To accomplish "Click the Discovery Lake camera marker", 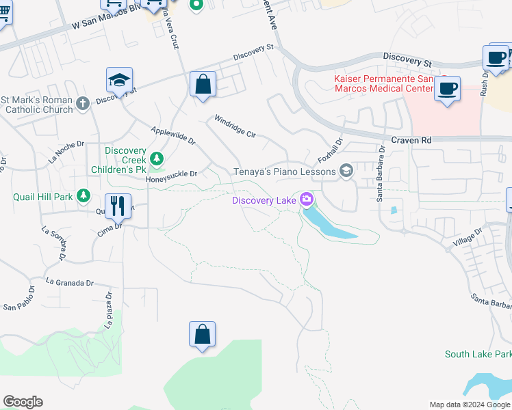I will point(306,200).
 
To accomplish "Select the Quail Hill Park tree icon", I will point(84,197).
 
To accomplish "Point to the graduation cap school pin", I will point(120,80).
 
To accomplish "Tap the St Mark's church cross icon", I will point(82,104).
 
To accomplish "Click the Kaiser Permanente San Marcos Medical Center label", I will point(384,83).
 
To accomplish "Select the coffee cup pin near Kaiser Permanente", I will point(447,88).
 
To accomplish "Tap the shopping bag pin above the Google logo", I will point(202,334).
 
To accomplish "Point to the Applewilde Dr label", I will point(173,135).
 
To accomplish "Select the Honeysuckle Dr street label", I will point(171,174).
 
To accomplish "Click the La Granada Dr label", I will point(69,282).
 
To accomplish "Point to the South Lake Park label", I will point(478,354).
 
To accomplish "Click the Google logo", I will point(23,402).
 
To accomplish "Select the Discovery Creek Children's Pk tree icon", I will point(157,159).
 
